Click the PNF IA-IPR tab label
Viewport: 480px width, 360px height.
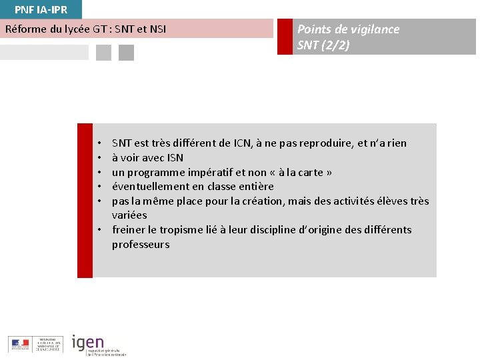41,9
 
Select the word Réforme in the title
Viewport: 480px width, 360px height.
25,29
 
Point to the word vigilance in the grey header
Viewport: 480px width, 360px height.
375,29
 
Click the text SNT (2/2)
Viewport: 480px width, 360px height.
323,46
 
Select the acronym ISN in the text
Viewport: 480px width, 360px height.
175,158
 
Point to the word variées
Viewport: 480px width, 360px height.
129,215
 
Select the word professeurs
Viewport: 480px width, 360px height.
141,245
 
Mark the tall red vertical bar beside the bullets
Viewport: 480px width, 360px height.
85,200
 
